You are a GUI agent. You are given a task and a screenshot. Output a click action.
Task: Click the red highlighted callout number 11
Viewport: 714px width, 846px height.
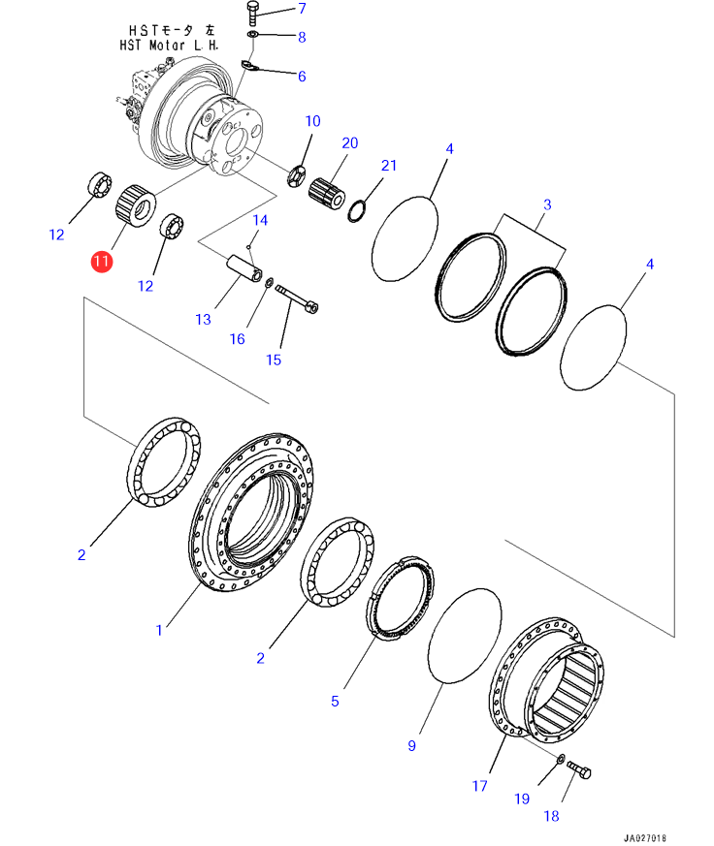pos(102,262)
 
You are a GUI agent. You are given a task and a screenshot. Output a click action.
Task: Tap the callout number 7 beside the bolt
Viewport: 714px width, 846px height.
pos(302,9)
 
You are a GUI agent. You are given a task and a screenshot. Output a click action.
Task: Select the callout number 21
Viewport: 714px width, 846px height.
pos(389,165)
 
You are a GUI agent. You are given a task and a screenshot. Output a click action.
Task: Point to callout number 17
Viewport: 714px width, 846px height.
pos(479,786)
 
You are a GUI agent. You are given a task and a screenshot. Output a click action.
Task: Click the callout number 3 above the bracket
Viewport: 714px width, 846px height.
pos(547,204)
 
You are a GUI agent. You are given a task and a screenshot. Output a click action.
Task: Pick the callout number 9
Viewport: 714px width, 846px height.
pos(411,745)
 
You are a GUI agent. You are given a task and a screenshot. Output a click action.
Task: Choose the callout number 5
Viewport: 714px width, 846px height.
pos(335,701)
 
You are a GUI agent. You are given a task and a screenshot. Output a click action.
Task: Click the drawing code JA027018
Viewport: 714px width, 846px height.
pos(645,838)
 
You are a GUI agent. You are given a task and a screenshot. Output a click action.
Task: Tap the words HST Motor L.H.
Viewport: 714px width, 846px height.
pos(169,46)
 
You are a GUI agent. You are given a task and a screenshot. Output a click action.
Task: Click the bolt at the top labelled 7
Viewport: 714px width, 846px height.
pos(253,13)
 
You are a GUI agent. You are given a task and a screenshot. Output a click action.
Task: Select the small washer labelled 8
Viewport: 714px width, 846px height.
pos(252,35)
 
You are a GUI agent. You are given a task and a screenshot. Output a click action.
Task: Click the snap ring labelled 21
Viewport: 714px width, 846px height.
pos(357,211)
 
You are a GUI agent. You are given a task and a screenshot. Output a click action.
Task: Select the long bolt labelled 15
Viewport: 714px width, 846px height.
pos(297,298)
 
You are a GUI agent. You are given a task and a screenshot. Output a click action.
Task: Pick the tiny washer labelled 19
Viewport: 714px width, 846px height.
pos(561,759)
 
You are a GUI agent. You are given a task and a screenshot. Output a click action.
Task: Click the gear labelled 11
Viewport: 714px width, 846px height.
pos(136,205)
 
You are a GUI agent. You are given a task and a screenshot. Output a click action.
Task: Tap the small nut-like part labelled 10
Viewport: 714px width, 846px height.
pos(296,176)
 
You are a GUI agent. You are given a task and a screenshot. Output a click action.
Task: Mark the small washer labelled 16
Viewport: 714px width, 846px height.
pos(269,282)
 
